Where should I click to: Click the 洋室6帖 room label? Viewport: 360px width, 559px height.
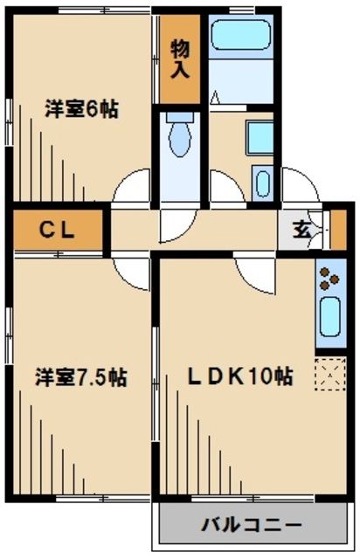pos(82,110)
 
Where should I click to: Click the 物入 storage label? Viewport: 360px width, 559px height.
pos(180,59)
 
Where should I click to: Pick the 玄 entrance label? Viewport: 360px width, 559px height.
pos(300,231)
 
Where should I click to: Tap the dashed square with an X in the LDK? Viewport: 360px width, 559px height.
pos(329,376)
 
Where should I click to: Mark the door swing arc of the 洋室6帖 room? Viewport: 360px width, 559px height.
pos(133,185)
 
